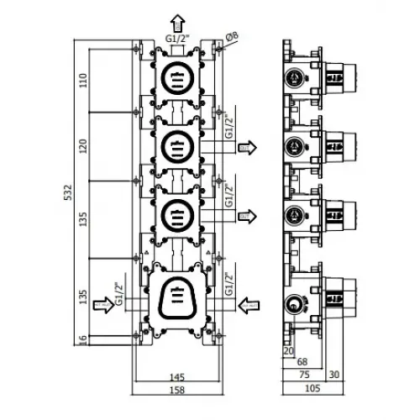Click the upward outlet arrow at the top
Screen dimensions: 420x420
[176, 21]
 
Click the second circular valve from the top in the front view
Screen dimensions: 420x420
[176, 144]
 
